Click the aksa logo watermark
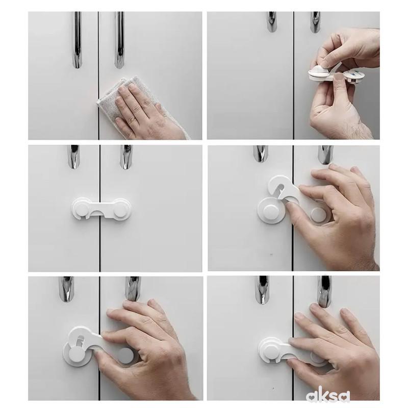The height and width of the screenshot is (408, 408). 327,396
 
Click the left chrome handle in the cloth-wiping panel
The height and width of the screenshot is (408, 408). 78,40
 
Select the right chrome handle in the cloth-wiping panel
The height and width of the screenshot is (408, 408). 119,40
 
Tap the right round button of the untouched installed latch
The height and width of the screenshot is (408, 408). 120,210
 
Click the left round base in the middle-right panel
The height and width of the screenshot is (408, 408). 271,210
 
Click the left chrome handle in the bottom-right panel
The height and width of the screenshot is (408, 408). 262,290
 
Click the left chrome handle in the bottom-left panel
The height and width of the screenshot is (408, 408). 66,289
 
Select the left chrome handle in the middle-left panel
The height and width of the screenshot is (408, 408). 73,157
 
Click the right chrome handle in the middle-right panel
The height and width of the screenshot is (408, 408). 325,155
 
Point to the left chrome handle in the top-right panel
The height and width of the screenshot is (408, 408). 272,22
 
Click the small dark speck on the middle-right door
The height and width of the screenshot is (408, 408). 271,254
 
